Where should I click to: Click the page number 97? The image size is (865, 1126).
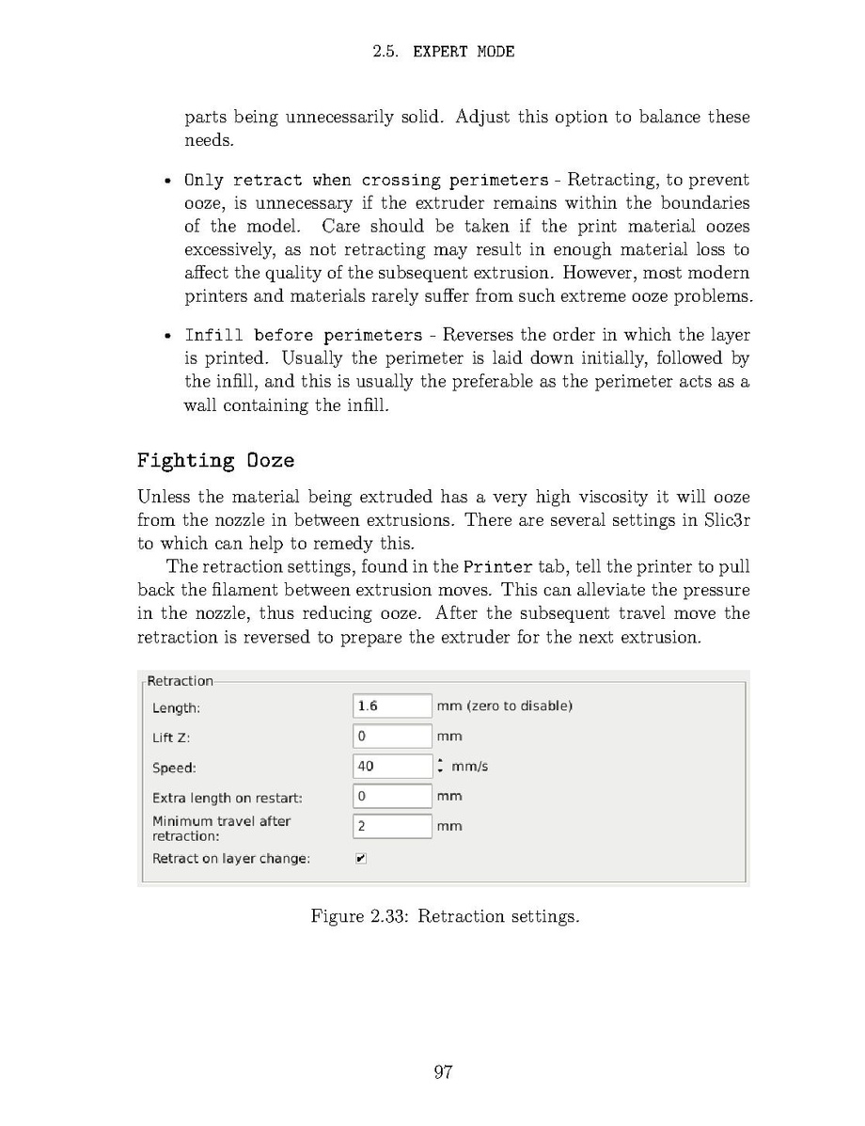tap(444, 1072)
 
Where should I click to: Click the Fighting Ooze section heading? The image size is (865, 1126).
tap(215, 460)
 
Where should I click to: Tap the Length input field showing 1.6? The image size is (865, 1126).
tap(392, 706)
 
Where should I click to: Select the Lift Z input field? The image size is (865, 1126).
tap(392, 736)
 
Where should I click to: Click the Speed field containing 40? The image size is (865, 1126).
tap(392, 766)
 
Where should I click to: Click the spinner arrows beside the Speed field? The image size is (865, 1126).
tap(439, 766)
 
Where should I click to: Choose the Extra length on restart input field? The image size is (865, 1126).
tap(392, 796)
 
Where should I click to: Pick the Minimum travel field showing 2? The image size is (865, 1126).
tap(392, 826)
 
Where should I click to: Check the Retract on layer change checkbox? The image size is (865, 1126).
tap(361, 858)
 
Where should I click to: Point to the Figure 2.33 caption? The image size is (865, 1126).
tap(445, 916)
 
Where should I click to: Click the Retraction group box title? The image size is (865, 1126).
tap(181, 681)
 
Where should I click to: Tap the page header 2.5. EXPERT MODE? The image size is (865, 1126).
tap(444, 52)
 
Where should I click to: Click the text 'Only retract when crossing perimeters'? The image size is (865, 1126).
tap(366, 180)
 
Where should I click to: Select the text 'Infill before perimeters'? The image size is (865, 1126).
tap(304, 335)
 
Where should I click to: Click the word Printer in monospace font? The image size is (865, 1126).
tap(486, 566)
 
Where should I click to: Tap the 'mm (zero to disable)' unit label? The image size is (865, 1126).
tap(504, 706)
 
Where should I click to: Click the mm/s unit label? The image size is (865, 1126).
tap(469, 766)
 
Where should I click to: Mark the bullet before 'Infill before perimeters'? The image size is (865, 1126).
tap(166, 336)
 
